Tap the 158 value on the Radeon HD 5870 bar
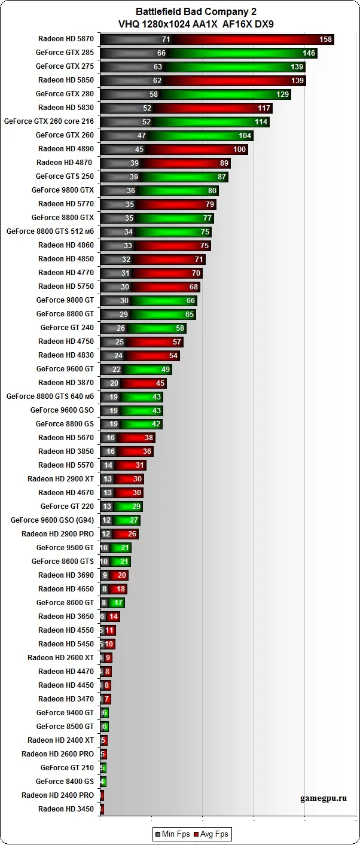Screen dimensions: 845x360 (325, 39)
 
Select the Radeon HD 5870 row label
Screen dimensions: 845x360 (66, 39)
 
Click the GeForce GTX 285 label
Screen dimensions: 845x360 (65, 53)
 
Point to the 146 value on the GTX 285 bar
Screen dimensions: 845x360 (309, 53)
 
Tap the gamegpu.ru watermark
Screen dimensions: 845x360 (323, 798)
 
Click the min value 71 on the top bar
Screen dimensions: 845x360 (166, 39)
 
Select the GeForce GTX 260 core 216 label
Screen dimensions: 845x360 (49, 121)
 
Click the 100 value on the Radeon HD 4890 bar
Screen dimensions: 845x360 (239, 150)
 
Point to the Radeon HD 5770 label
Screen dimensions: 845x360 (66, 204)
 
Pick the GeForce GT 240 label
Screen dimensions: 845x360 (67, 328)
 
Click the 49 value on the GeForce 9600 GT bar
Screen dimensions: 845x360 (166, 370)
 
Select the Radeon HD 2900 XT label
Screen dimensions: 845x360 (60, 479)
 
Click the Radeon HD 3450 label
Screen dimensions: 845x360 (66, 809)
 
